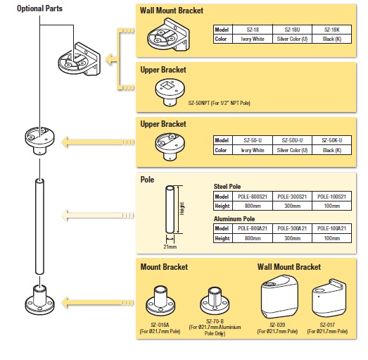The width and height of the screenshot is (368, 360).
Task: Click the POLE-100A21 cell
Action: point(331,229)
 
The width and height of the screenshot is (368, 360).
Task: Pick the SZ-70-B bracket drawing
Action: point(213,301)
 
